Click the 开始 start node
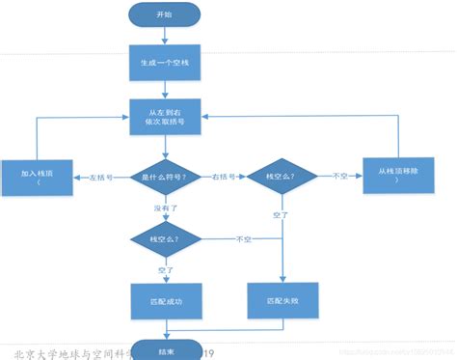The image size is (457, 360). tap(166, 14)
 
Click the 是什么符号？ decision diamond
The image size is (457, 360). tap(165, 178)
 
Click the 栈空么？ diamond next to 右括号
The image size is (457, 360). tap(281, 178)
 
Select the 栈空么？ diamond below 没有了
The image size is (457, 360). tap(165, 237)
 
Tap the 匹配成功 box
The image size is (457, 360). tap(165, 302)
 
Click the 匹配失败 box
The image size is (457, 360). tap(280, 301)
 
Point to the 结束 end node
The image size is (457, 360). tap(166, 352)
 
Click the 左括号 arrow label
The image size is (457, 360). tap(103, 178)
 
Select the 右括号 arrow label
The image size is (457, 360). tap(225, 178)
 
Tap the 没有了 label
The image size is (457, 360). tap(165, 207)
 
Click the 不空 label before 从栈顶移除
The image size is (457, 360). tap(339, 177)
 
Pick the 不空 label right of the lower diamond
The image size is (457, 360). tap(245, 237)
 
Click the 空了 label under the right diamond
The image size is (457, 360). tap(281, 213)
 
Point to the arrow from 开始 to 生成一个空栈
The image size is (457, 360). tap(165, 35)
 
